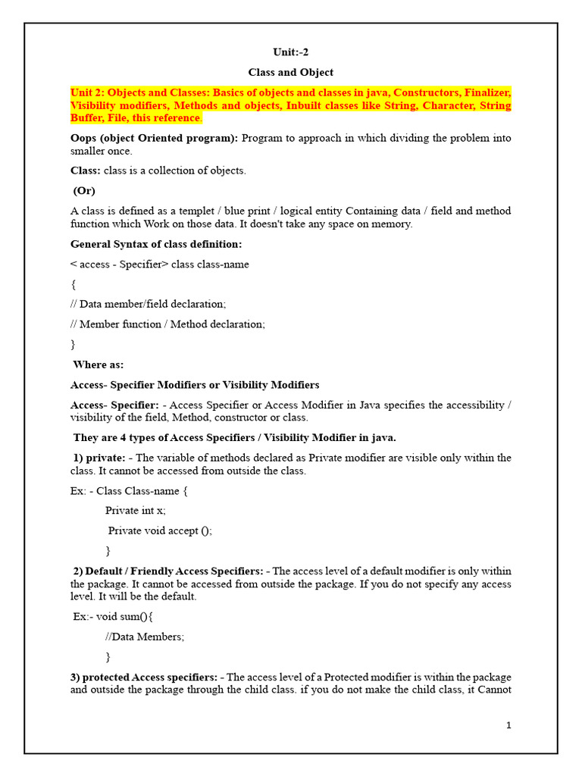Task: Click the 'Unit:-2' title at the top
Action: coord(291,52)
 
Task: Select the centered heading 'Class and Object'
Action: coord(291,73)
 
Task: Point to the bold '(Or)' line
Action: coord(84,191)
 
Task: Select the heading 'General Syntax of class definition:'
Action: coord(157,244)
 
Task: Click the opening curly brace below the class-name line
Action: coord(74,285)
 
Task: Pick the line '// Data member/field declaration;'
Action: coord(149,304)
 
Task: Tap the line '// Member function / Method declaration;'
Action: coord(168,324)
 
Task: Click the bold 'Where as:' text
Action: coord(99,365)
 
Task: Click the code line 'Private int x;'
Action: coord(136,511)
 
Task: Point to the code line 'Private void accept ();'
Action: coord(160,530)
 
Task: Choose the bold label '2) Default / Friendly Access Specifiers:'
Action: coord(168,571)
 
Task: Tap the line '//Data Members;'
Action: coord(145,637)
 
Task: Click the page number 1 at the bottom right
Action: coord(509,725)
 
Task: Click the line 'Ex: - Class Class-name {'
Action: coord(129,491)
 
